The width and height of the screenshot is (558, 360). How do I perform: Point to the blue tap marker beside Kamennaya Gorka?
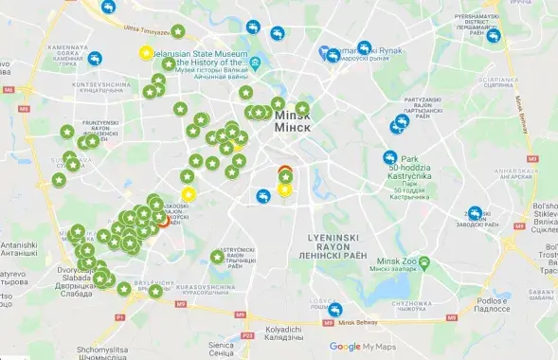coord(95,59)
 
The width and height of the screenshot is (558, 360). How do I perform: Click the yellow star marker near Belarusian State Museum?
coord(146,53)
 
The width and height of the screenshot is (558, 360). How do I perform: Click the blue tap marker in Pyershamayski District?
coord(494,37)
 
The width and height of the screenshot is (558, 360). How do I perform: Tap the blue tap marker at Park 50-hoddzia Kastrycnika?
coord(389,158)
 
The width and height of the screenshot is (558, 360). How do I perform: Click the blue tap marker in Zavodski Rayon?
coord(475,214)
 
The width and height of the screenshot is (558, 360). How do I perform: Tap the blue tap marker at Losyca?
coord(335,309)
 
